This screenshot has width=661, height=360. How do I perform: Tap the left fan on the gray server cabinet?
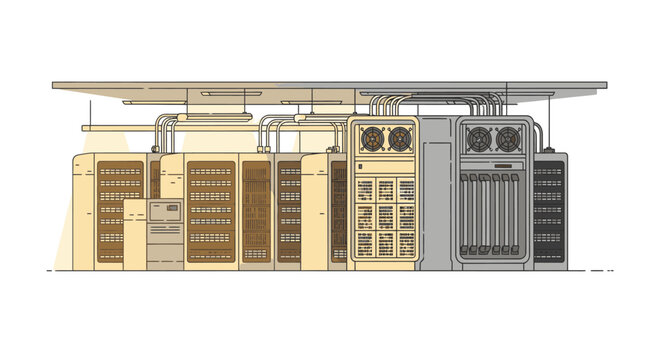[479, 137]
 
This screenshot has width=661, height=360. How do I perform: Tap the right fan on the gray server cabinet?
[507, 137]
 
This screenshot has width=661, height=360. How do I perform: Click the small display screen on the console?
[165, 210]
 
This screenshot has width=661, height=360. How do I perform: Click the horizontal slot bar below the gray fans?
[492, 164]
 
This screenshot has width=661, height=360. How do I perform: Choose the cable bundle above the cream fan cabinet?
[384, 104]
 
